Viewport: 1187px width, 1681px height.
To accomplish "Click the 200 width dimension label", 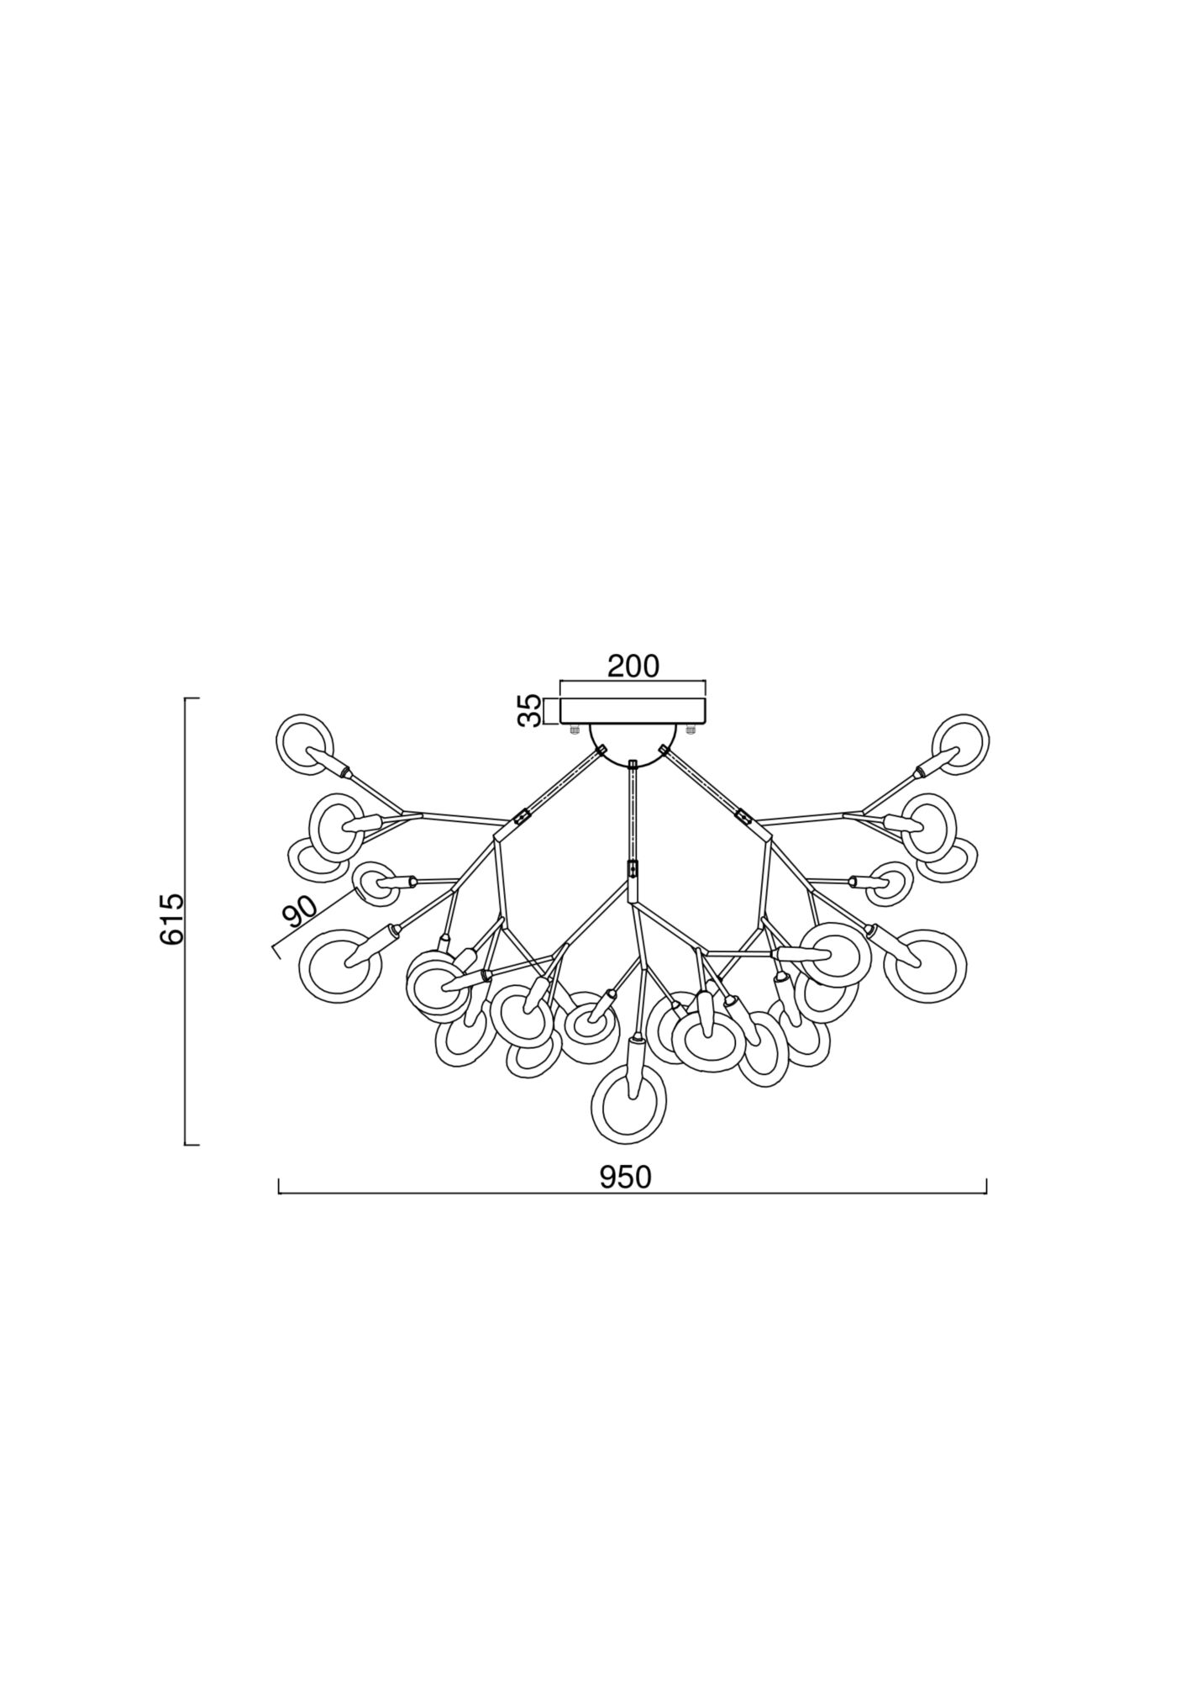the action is coord(633,666).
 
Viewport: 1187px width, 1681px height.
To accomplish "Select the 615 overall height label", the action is coord(171,920).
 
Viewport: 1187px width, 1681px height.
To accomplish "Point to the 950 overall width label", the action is coord(626,1178).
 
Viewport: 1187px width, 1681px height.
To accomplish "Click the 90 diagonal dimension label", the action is coord(300,912).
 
